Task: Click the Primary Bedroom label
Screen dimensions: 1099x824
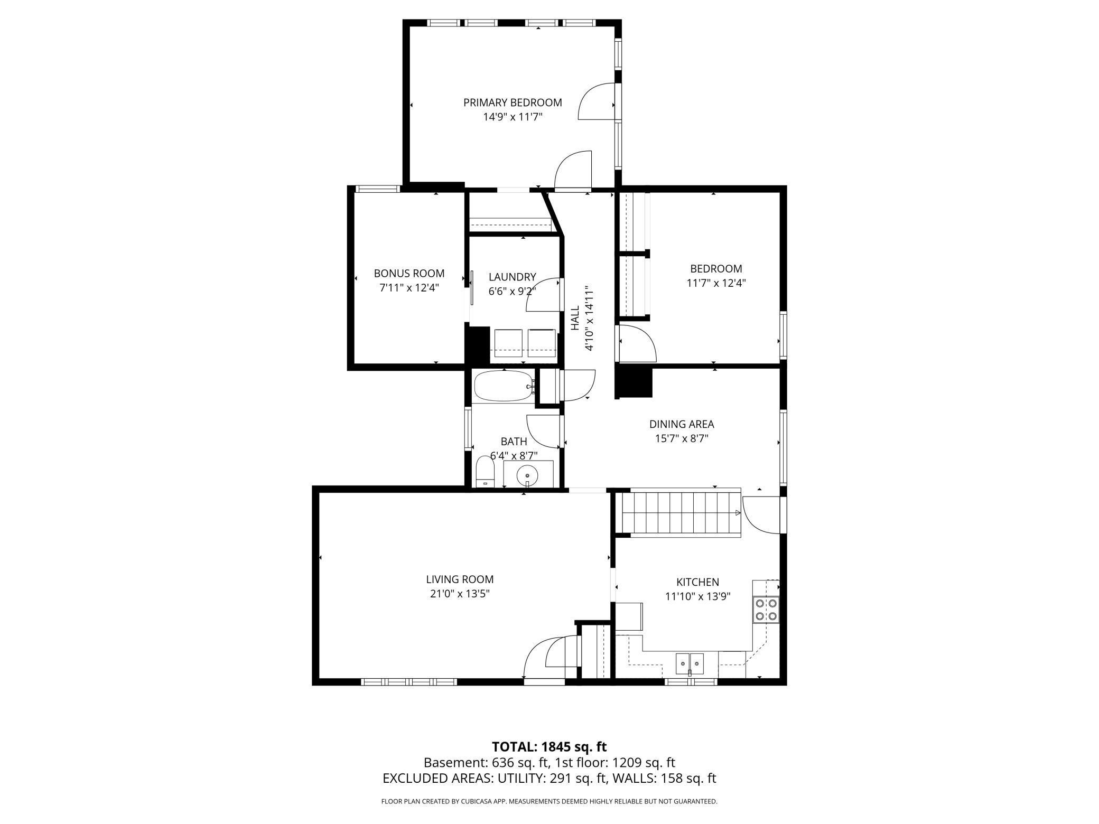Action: point(513,102)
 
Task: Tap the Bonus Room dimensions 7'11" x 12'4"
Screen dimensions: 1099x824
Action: point(409,288)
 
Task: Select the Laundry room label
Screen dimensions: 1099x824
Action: point(512,277)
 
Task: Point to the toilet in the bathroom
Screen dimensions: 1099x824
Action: point(485,472)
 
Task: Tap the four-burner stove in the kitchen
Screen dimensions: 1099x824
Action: point(766,609)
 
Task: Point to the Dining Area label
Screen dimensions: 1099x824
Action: point(682,424)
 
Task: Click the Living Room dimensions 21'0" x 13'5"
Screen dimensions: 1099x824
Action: point(460,594)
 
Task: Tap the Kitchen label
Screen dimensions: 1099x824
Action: point(697,582)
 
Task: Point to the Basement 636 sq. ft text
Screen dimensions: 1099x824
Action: point(485,763)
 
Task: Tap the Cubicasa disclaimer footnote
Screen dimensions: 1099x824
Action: point(549,801)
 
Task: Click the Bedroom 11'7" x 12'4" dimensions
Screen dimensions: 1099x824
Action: point(716,283)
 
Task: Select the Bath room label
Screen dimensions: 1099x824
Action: point(514,441)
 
